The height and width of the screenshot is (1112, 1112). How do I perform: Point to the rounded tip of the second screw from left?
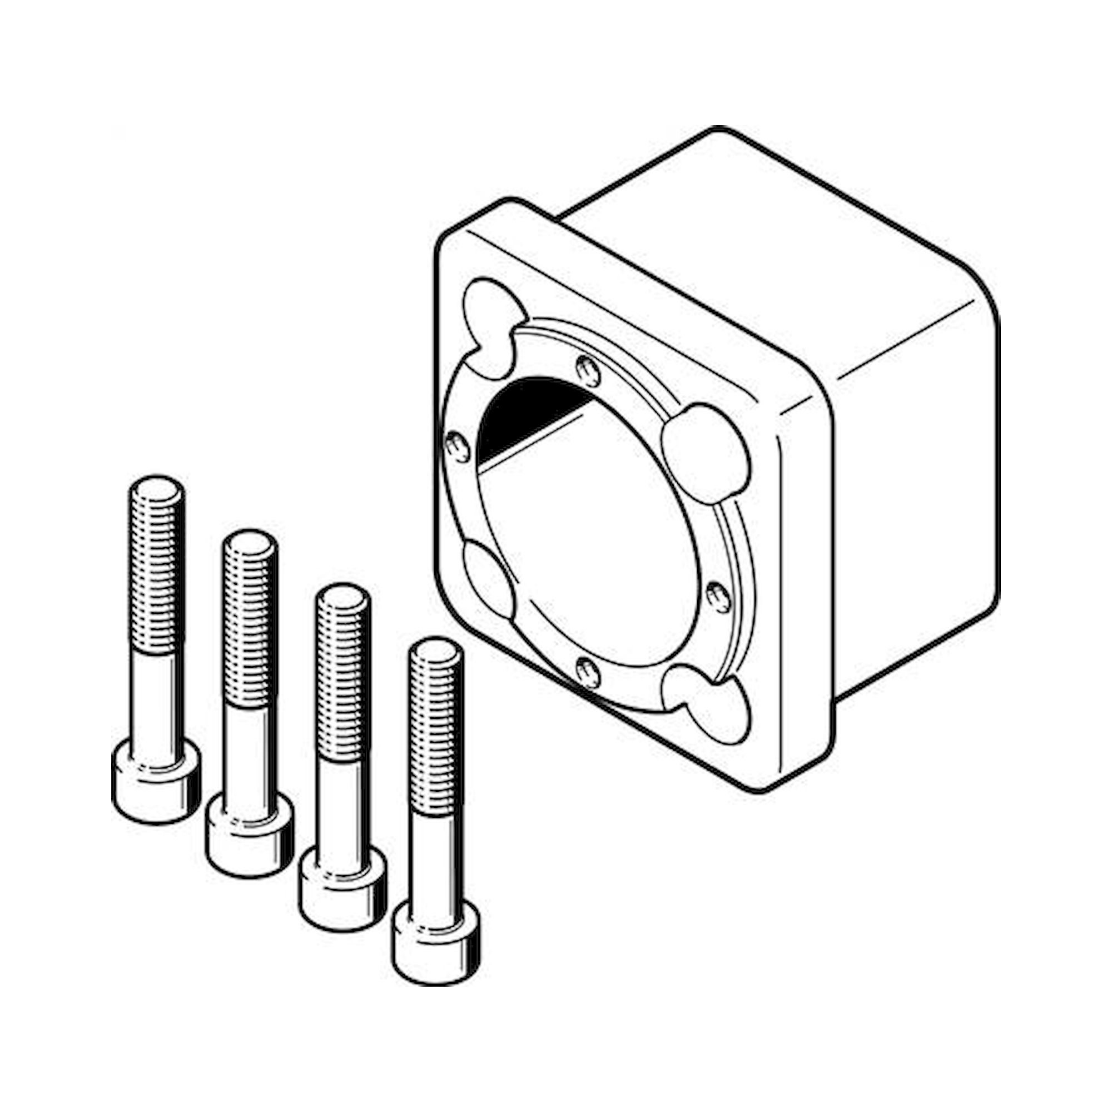[x=250, y=544]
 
